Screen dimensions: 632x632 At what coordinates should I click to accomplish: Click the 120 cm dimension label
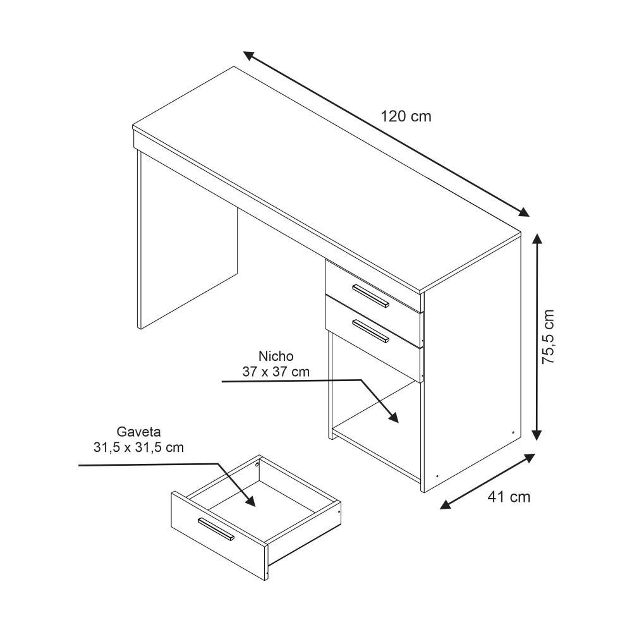(406, 116)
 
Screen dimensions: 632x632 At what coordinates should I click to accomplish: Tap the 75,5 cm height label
(548, 337)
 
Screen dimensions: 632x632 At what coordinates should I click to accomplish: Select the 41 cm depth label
(509, 497)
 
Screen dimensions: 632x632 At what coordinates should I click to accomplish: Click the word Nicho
(276, 356)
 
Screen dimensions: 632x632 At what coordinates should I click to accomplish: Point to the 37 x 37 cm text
(276, 372)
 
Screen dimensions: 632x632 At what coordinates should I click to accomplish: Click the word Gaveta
(138, 432)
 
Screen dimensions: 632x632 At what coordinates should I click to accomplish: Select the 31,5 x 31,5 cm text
(138, 447)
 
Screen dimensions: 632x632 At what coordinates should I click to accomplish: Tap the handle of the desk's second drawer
(371, 331)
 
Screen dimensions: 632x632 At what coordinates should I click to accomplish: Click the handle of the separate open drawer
(216, 529)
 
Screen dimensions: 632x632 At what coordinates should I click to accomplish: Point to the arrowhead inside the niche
(392, 416)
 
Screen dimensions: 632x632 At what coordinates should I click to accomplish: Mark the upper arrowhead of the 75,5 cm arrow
(537, 239)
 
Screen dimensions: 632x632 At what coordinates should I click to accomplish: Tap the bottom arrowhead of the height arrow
(537, 435)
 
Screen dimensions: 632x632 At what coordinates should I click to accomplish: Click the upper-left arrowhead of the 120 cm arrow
(248, 56)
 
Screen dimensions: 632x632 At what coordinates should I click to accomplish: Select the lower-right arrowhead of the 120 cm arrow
(523, 212)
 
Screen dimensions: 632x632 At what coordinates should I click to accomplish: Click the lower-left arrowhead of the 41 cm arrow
(445, 504)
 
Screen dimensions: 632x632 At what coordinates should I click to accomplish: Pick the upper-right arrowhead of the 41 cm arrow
(530, 458)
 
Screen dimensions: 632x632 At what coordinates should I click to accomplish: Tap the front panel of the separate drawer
(219, 536)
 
